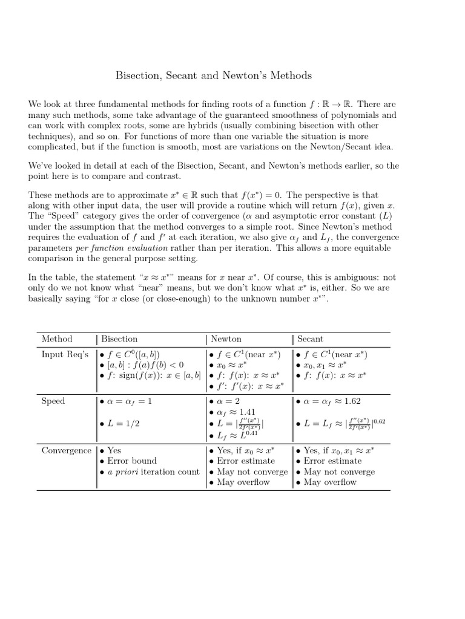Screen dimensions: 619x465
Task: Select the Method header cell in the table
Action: [56, 339]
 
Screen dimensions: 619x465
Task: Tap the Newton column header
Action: [226, 339]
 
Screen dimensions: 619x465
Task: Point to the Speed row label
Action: [53, 401]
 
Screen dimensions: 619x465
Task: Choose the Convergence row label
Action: [66, 450]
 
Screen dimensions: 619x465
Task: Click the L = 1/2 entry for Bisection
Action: [122, 424]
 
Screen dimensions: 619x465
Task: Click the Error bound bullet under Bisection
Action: [131, 461]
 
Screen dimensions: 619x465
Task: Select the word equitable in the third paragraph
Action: [369, 248]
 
